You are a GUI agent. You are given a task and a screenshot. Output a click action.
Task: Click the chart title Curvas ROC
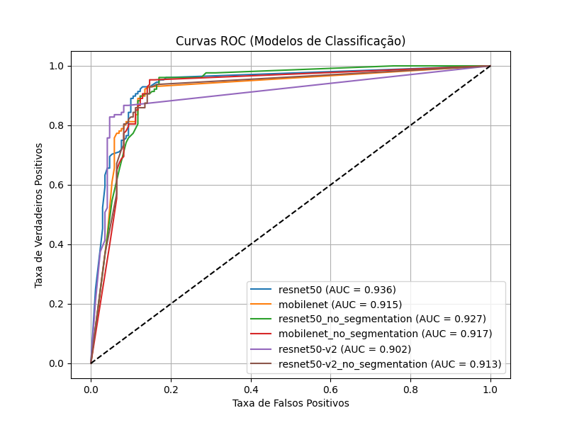[291, 41]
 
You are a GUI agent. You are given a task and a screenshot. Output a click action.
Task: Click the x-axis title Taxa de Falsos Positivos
[291, 403]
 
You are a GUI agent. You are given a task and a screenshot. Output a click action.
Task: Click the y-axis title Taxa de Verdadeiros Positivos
[40, 215]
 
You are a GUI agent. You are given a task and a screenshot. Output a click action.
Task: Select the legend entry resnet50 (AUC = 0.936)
[337, 290]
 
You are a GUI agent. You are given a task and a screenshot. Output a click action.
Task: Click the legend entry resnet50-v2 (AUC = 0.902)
[344, 349]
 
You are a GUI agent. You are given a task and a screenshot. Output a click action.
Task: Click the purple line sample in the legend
[262, 349]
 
